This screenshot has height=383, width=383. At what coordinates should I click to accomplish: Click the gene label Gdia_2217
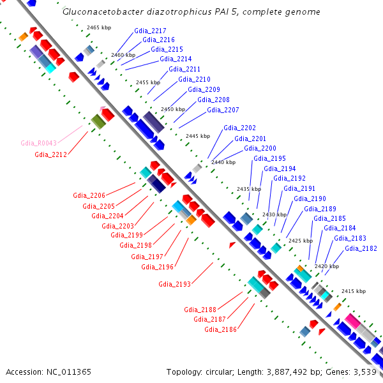[x=150, y=31]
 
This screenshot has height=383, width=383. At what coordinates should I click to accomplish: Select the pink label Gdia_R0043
[x=39, y=143]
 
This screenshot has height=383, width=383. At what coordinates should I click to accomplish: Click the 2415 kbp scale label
[x=353, y=291]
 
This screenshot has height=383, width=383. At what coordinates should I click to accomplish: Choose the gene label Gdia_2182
[x=361, y=248]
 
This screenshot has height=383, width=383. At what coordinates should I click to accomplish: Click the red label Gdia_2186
[x=221, y=329]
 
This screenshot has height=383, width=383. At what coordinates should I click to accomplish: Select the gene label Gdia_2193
[x=174, y=283]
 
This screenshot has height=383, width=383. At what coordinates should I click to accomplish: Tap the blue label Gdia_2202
[x=239, y=128]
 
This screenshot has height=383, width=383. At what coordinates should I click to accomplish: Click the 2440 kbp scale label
[x=223, y=162]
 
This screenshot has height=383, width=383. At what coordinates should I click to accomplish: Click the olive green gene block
[x=98, y=120]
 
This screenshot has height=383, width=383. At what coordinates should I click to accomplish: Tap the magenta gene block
[x=352, y=320]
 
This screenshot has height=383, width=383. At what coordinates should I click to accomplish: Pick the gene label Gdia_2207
[x=223, y=110]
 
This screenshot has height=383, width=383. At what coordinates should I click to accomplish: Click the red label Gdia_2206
[x=89, y=195]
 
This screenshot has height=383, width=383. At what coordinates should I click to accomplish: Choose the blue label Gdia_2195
[x=269, y=158]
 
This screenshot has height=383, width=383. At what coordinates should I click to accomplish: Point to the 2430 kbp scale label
[x=274, y=214]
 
